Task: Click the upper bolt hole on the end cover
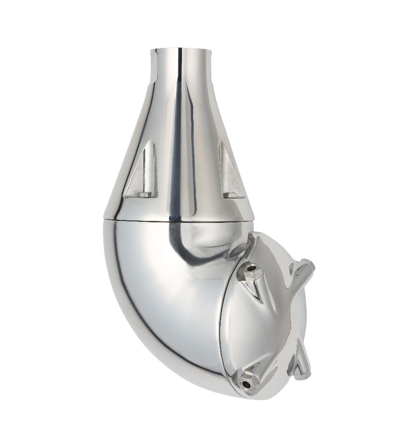tap(252, 269)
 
